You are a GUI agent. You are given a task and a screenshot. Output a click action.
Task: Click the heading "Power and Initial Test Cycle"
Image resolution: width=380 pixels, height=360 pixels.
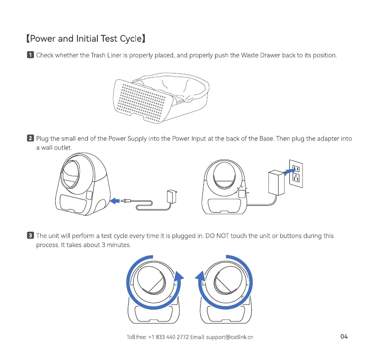coord(87,38)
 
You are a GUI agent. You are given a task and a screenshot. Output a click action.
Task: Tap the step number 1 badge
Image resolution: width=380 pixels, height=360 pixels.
coord(30,56)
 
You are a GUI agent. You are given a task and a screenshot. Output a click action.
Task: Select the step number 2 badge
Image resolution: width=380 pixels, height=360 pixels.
coord(30,139)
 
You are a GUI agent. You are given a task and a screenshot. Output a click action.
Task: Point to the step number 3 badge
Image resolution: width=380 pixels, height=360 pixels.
coord(30,236)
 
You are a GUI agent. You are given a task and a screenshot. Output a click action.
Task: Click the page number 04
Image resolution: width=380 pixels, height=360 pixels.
coord(344,336)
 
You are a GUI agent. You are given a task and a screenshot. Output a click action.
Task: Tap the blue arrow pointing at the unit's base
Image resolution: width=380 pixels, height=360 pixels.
coord(116,200)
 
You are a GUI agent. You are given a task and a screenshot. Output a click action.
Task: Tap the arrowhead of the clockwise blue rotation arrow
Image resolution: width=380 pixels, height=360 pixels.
coord(179,277)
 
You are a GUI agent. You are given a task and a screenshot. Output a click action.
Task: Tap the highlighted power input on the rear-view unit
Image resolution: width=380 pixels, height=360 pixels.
coord(242,194)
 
